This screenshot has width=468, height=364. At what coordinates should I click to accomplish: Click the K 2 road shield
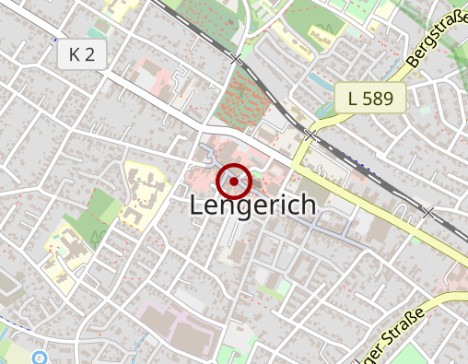(82, 54)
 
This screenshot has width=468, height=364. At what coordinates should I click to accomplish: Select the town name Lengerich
(252, 206)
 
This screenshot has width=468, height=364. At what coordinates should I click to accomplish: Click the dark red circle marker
(235, 182)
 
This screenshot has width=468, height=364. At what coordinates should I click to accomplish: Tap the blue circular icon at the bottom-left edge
(39, 357)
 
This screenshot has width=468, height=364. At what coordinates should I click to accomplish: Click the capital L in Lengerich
(196, 206)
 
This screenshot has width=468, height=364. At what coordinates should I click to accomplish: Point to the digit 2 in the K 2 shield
(89, 54)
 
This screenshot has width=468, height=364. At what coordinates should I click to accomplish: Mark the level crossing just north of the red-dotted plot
(238, 59)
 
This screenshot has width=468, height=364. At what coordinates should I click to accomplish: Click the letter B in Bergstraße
(411, 72)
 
